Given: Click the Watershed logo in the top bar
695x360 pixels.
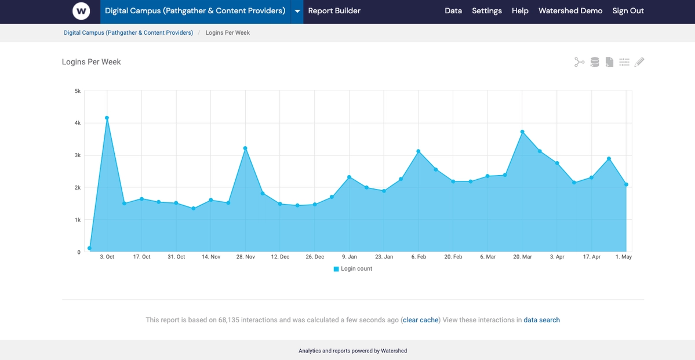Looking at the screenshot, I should (81, 11).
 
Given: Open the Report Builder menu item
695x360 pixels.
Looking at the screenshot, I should (334, 11).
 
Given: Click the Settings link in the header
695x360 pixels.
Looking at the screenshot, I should (486, 11).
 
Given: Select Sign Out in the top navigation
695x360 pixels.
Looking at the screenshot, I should (628, 11).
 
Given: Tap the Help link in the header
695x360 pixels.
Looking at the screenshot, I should (520, 11).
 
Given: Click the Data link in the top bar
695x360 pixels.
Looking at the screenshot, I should (453, 11).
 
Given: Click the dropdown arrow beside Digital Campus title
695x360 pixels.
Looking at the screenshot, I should (297, 12).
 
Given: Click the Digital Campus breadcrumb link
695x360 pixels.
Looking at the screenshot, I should (128, 33).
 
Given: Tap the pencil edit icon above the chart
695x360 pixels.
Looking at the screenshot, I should (639, 62).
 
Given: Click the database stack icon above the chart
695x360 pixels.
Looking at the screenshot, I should (594, 62).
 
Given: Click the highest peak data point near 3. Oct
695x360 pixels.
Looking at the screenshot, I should (107, 118).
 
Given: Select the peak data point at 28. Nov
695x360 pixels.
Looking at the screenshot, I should (245, 148).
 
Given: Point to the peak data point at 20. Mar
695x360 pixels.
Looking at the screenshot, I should (522, 132).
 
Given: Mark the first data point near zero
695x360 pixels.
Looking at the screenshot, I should (89, 248).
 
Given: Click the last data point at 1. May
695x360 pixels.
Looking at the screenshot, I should (627, 185).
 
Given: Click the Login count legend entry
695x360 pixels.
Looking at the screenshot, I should (353, 269).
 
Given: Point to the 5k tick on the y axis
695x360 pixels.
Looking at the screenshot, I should (77, 91).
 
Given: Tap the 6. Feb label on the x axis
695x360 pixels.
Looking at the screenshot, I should (419, 257).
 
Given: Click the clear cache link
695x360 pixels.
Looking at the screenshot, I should (420, 320).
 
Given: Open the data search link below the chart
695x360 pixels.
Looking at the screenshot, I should (541, 320).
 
